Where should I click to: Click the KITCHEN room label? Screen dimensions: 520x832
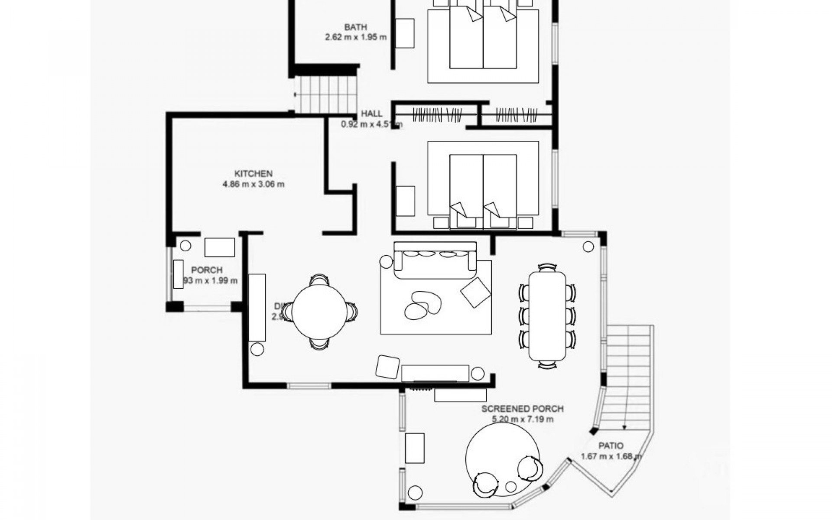[253, 174]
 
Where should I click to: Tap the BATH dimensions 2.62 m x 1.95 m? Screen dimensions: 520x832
[355, 37]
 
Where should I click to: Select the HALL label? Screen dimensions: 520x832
[372, 114]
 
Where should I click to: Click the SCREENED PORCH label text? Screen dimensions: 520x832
[523, 409]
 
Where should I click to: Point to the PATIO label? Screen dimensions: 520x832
[611, 445]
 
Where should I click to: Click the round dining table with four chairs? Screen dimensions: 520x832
[319, 312]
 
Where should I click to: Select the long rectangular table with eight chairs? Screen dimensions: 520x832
[547, 315]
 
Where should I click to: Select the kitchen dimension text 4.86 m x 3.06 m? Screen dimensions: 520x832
[253, 184]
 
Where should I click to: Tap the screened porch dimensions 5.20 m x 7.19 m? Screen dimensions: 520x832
[523, 419]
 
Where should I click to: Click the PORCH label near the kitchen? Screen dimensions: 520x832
[207, 270]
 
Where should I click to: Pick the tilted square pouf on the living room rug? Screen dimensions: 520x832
[475, 292]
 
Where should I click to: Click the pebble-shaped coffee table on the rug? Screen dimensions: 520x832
[422, 305]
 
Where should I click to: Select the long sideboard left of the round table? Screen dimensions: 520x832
[257, 307]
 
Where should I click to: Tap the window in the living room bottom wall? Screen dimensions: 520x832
[309, 385]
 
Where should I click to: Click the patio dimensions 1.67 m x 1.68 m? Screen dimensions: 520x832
[611, 456]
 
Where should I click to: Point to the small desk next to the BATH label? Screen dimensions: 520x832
[405, 33]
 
